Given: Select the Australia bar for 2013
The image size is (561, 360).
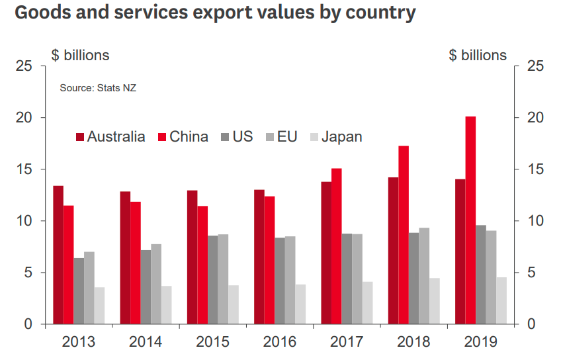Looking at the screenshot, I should click(x=58, y=255).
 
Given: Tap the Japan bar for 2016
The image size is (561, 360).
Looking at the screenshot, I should click(x=301, y=304).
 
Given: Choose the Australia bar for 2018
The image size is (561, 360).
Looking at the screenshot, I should click(x=393, y=251).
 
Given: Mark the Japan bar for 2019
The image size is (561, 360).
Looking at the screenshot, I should click(x=501, y=300).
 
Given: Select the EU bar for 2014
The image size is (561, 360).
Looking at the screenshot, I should click(x=155, y=284).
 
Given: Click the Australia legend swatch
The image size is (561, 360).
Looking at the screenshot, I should click(x=80, y=137).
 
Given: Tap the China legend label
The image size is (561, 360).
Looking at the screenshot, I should click(x=189, y=137).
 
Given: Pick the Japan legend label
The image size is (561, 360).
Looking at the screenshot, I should click(x=341, y=137).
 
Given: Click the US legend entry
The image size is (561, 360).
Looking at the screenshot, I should click(x=243, y=137).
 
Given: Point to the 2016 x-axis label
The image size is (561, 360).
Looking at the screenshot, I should click(x=280, y=342).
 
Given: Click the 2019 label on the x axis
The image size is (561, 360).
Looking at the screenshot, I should click(x=481, y=342).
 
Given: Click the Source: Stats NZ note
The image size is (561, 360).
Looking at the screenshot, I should click(x=98, y=88).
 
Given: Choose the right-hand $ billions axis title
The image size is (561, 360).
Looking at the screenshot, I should click(x=477, y=56).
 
